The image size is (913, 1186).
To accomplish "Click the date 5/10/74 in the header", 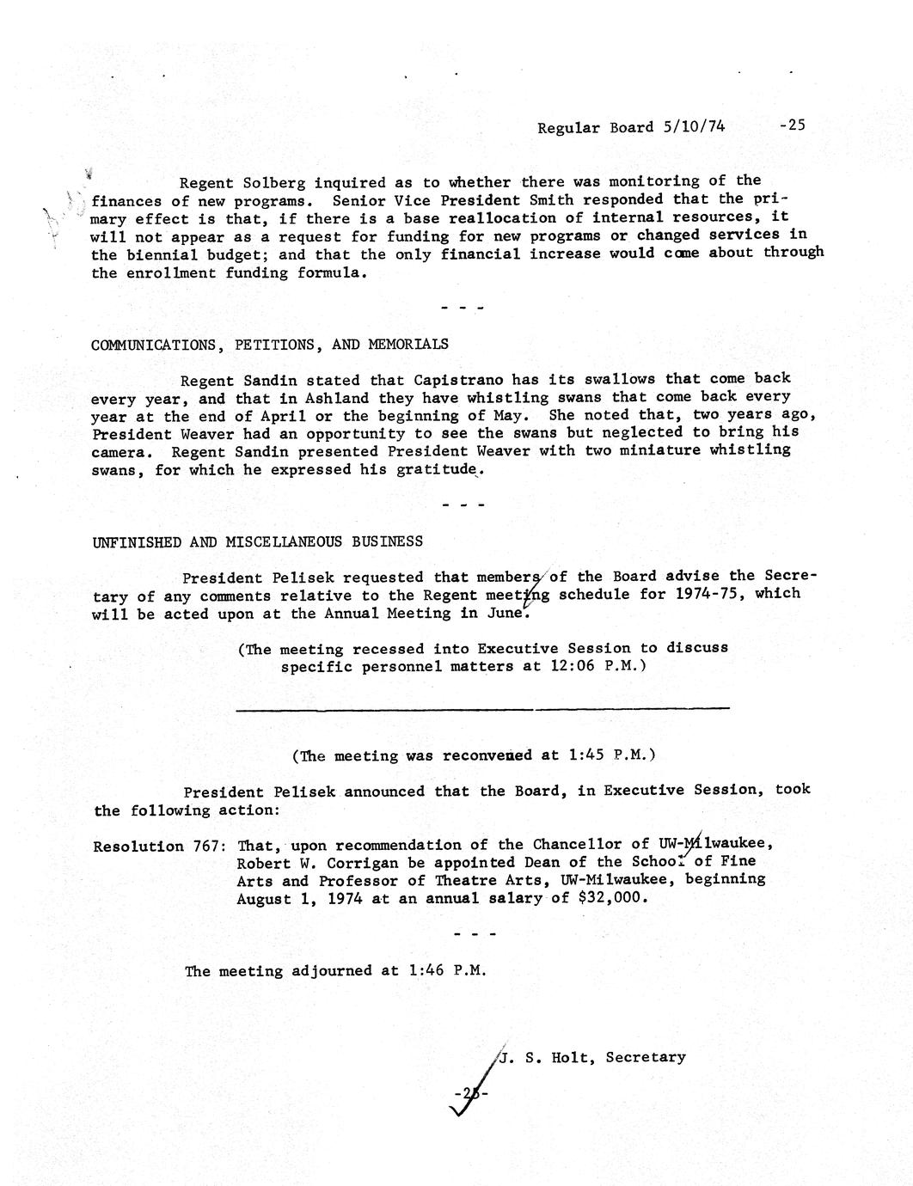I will click(x=694, y=127).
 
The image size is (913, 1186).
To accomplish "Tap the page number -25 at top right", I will click(x=792, y=125).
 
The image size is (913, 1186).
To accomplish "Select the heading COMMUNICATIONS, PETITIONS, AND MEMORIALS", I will click(x=269, y=345).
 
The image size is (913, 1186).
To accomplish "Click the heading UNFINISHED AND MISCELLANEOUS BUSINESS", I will click(x=257, y=541).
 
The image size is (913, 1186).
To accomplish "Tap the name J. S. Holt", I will click(x=546, y=1057).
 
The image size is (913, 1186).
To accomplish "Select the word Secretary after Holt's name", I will click(x=646, y=1057).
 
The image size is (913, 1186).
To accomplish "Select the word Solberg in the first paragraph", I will click(x=274, y=182).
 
